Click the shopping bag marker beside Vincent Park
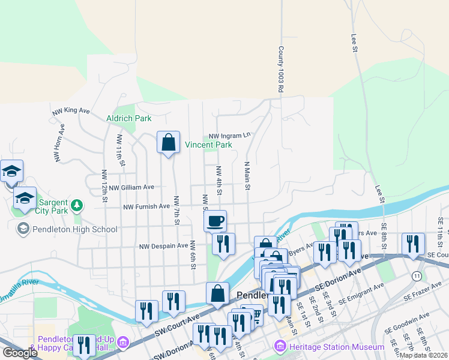point(169,143)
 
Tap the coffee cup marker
point(215,221)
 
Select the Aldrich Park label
point(128,118)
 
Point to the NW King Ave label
point(70,110)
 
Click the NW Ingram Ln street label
point(229,136)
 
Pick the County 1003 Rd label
point(280,70)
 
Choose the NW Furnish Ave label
point(146,206)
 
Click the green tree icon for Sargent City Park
point(76,206)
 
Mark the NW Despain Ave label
point(163,246)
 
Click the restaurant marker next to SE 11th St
point(413,244)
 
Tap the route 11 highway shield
point(416,275)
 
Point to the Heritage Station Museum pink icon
point(279,346)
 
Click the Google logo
point(20,353)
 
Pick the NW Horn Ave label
point(61,137)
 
